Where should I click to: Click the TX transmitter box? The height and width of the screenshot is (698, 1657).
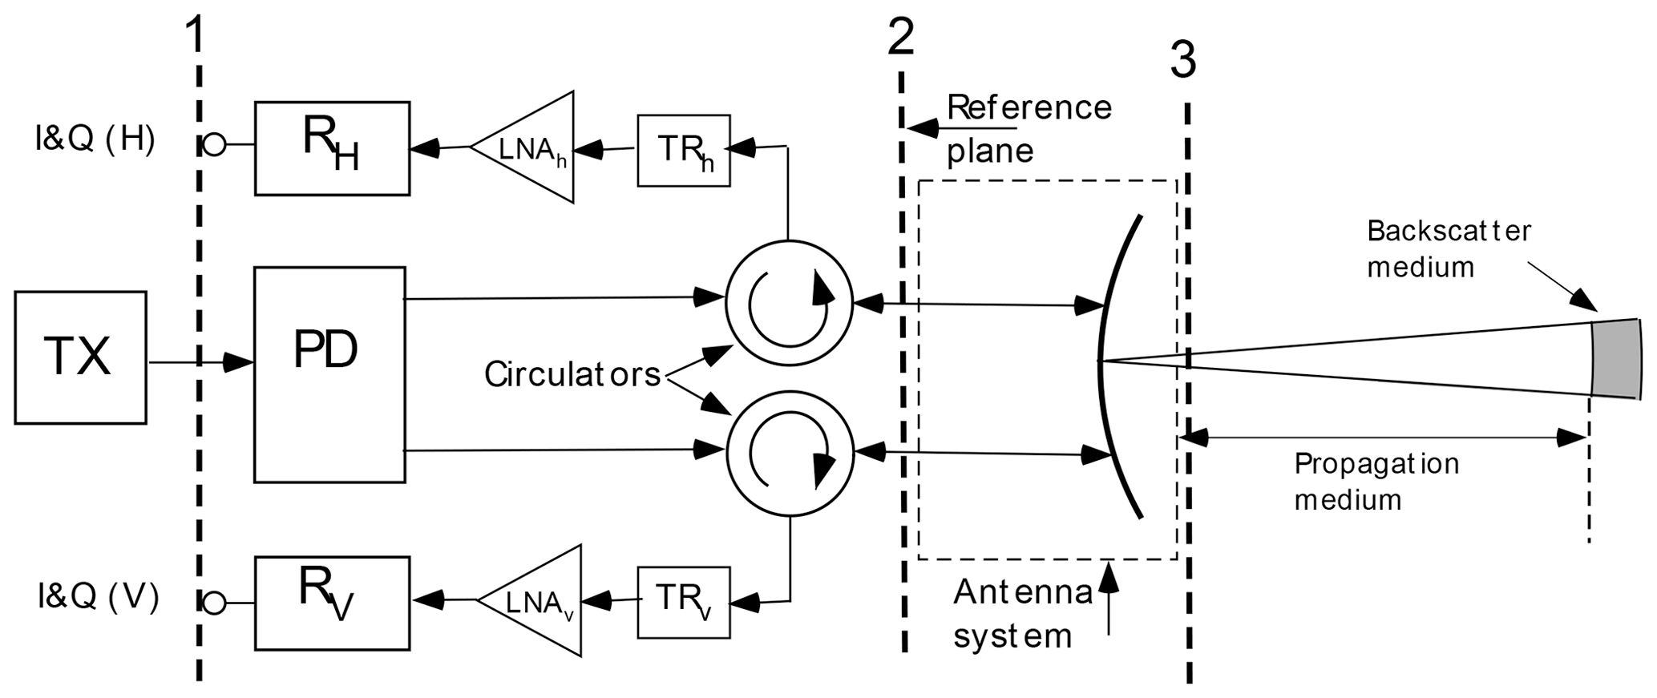click(80, 357)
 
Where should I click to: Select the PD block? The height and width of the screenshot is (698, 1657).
click(329, 374)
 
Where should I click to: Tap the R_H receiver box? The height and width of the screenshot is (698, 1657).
click(332, 148)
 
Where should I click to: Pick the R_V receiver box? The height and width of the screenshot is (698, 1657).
click(332, 603)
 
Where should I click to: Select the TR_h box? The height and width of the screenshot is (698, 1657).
click(684, 151)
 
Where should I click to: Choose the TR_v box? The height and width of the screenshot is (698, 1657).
click(684, 602)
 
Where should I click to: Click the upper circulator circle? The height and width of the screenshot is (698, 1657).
click(789, 305)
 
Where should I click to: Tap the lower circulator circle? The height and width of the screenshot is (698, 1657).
click(789, 454)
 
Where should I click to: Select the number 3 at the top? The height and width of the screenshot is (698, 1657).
click(1183, 60)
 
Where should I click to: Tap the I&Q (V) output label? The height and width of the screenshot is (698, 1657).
click(98, 597)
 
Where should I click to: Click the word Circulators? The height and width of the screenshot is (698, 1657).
click(572, 374)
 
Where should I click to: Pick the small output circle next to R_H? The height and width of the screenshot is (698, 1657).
click(214, 145)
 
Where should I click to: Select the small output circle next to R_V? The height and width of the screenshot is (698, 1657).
click(214, 603)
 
